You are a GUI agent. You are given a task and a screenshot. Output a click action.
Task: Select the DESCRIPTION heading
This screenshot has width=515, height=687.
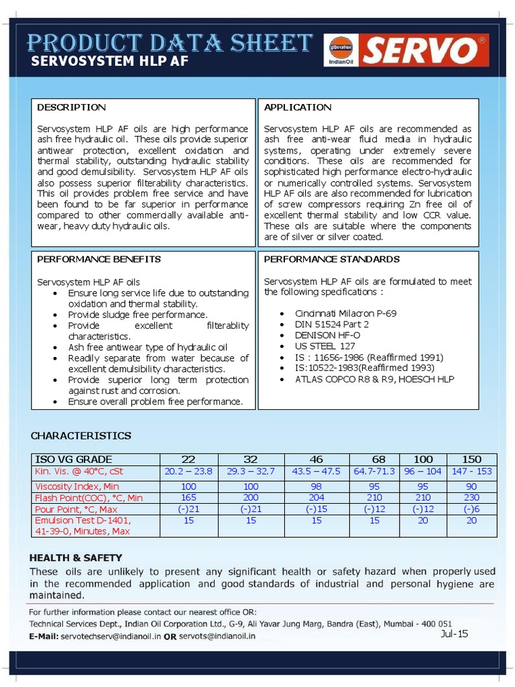click(71, 107)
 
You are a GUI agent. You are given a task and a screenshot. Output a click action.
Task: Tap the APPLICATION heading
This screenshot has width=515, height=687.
click(298, 107)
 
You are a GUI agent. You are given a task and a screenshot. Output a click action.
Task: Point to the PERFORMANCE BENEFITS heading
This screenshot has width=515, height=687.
click(99, 259)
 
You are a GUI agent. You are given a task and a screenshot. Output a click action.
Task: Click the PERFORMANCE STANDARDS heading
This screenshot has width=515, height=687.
click(331, 259)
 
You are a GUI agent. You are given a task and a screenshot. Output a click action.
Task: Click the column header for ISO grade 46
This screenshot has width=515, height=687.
click(316, 460)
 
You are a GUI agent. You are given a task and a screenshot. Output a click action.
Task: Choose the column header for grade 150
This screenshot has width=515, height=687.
click(471, 460)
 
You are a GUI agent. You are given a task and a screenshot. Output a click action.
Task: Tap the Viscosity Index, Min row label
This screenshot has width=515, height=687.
click(77, 486)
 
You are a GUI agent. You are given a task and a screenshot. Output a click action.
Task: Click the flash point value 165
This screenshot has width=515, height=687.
click(188, 497)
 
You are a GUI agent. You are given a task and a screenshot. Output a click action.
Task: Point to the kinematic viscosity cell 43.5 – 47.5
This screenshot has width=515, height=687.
click(316, 472)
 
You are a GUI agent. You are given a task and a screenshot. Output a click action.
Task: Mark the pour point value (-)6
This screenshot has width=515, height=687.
click(471, 509)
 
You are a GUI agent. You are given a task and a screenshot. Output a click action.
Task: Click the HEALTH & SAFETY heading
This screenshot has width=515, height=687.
click(76, 558)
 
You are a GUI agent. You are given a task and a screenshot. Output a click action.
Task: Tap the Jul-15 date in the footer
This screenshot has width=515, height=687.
click(455, 634)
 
